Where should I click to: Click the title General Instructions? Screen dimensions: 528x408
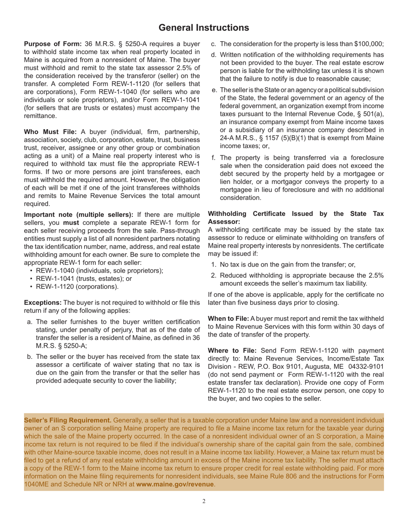click(204, 28)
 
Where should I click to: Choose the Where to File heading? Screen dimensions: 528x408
click(230, 350)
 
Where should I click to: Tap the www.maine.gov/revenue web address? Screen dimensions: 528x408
click(175, 484)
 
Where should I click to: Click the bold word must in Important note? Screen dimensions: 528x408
click(70, 222)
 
